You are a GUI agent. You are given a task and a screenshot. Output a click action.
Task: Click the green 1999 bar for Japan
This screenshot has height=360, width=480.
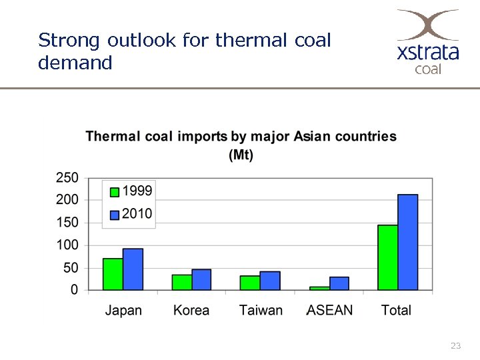[113, 274]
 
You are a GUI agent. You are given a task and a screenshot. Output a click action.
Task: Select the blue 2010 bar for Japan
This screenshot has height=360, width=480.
[133, 269]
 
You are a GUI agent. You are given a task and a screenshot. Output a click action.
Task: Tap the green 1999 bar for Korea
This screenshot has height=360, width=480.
[181, 283]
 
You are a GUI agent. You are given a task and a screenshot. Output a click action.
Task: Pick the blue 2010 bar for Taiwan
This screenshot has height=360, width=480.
[270, 281]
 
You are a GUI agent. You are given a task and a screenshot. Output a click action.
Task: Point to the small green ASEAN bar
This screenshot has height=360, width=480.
[319, 288]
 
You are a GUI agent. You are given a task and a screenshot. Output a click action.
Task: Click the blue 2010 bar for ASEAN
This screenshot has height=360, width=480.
[339, 283]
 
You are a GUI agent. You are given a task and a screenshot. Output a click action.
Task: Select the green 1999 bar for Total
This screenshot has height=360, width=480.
[387, 257]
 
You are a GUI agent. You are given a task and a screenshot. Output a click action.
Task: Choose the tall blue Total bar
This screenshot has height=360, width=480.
[408, 242]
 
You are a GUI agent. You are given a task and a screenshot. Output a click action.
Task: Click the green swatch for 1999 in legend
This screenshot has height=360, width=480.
[115, 192]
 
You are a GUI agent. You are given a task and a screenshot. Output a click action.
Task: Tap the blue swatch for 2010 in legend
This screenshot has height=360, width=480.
[115, 215]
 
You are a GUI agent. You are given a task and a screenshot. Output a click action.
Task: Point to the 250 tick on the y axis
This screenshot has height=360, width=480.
[67, 178]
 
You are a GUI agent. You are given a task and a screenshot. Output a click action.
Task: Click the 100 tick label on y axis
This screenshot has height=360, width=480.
[67, 245]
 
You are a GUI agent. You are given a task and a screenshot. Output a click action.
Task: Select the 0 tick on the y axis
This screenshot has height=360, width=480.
[74, 290]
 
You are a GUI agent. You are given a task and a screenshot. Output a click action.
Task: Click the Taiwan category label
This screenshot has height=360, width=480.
[261, 311]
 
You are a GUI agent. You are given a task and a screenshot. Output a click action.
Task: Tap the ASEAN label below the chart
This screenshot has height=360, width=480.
[329, 311]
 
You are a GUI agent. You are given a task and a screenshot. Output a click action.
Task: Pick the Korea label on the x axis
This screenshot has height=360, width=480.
[191, 311]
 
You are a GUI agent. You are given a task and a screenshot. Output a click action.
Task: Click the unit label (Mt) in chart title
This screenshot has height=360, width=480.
[241, 155]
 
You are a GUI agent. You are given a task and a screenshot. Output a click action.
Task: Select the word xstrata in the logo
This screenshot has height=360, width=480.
[428, 52]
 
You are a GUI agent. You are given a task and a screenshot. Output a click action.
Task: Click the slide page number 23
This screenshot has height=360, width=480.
[456, 345]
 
